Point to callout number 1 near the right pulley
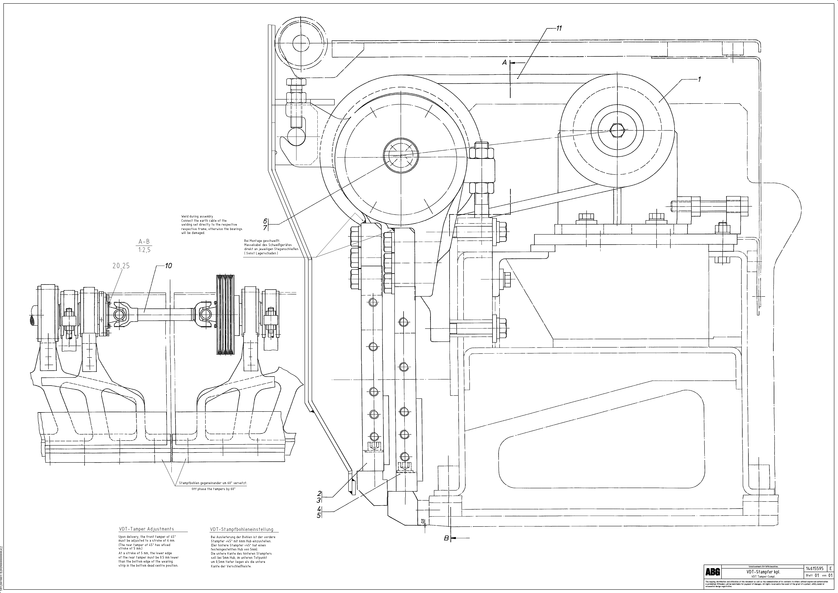[699, 79]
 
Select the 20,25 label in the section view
[121, 266]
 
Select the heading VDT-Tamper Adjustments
[146, 529]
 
